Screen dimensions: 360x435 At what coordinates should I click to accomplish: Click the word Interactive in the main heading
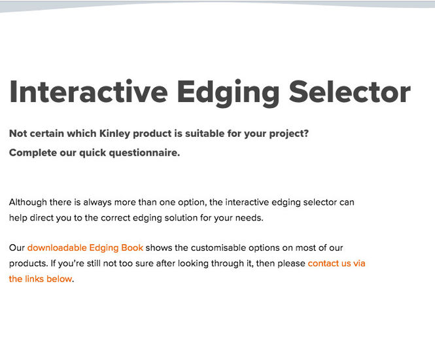88,92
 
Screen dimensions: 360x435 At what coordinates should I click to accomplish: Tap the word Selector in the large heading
349,92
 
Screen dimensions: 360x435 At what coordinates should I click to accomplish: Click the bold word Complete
33,153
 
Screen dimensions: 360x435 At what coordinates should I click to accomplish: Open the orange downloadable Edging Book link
85,247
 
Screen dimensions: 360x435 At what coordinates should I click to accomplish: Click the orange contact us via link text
336,263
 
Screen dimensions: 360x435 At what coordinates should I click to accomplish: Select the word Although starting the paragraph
28,202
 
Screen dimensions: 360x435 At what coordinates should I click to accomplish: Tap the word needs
249,218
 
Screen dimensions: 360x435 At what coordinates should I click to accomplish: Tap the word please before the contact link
291,263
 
